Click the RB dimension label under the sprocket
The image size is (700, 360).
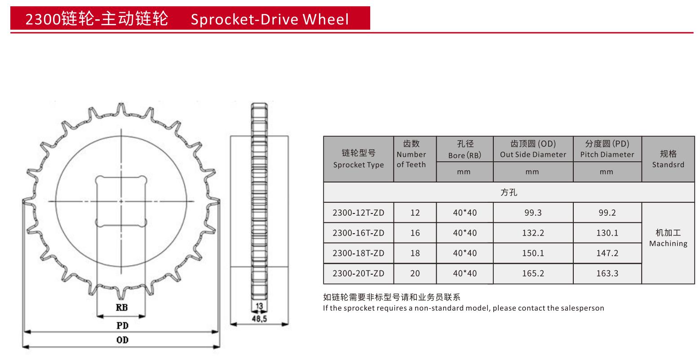122,307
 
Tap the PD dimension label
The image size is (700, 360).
123,326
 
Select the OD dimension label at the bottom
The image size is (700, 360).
123,340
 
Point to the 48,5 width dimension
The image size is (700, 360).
259,319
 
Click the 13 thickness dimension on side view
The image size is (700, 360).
259,306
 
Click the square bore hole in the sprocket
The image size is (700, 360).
121,201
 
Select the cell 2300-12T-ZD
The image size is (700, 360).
359,213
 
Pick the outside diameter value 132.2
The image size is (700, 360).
533,233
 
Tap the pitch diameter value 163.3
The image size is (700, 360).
607,273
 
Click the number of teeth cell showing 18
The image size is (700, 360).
415,253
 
